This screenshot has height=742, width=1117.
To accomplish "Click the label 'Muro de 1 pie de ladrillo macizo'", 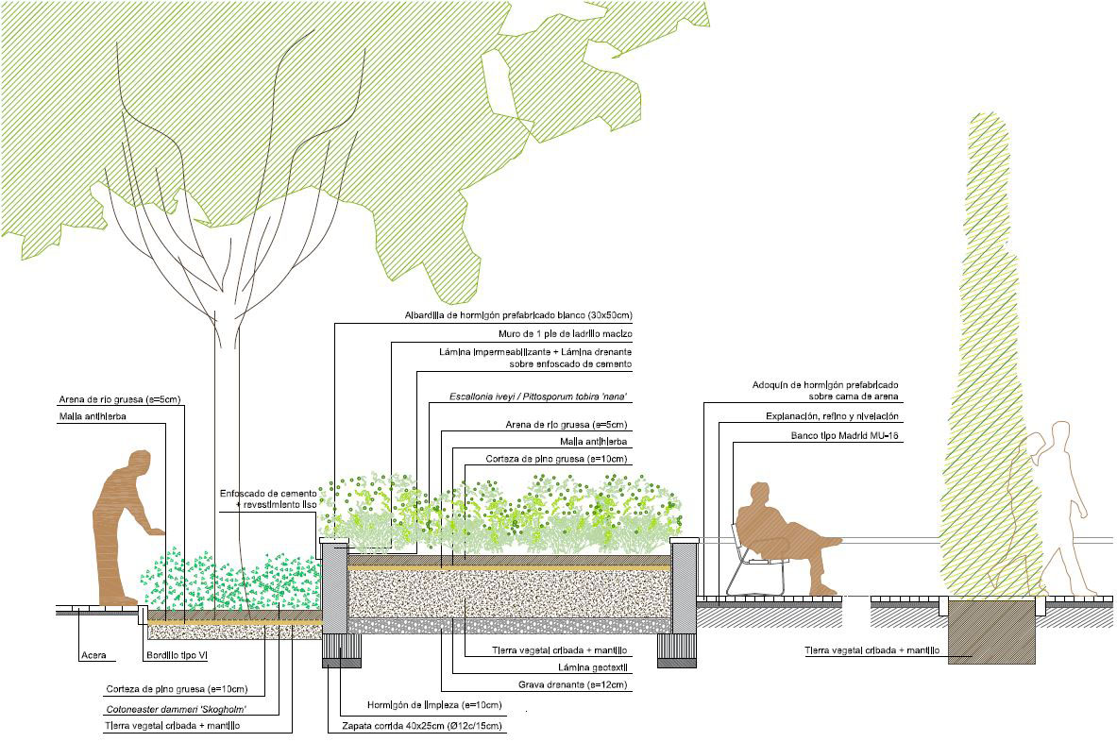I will tap(564, 335).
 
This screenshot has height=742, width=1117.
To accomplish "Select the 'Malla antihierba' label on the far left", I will tap(92, 416).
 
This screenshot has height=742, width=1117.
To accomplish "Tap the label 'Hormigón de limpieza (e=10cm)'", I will tap(434, 705).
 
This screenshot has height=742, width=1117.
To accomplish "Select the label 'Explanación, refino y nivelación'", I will tap(832, 416).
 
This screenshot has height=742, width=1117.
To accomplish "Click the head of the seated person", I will tap(758, 494).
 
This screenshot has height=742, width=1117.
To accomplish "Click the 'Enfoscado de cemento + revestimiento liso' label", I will tap(267, 499).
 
